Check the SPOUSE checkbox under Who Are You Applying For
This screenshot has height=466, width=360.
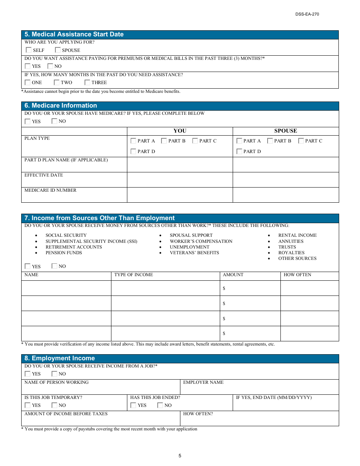[58, 50]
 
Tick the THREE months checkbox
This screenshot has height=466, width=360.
[87, 82]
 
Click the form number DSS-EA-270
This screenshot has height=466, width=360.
[307, 14]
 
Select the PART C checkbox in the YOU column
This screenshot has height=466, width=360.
[195, 141]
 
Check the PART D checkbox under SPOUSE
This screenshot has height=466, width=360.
[239, 152]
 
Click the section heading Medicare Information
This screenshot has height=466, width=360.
[61, 106]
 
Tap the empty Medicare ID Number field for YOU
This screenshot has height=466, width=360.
[180, 195]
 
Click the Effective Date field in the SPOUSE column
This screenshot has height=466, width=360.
[285, 180]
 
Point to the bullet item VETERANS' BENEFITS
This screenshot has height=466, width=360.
[194, 253]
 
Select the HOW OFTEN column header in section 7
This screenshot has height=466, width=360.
[297, 275]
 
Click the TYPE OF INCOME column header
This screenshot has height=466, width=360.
[133, 275]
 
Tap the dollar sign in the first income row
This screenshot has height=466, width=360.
[224, 288]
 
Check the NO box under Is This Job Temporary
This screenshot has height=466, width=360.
[55, 405]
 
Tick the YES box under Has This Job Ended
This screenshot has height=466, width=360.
[133, 405]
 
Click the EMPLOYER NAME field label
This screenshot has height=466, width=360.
[203, 382]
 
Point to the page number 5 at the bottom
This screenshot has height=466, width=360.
[180, 456]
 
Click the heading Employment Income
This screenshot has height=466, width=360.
[60, 358]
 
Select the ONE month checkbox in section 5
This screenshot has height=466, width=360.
[28, 82]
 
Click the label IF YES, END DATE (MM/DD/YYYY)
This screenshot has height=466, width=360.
[274, 397]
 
